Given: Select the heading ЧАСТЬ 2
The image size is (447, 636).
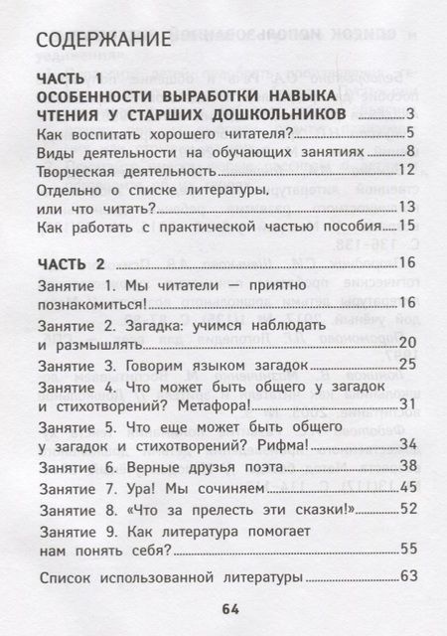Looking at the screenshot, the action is (x=72, y=263).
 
